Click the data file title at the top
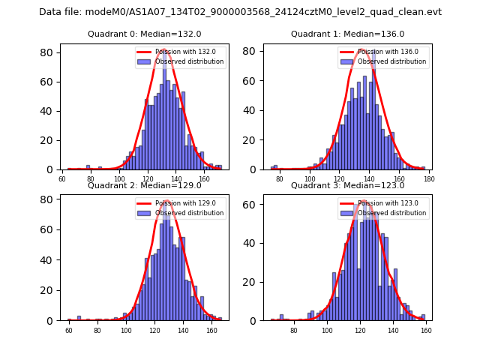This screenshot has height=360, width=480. [x=240, y=12]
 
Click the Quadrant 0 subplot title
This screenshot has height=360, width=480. [x=145, y=34]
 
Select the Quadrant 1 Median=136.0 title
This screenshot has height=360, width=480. [x=347, y=34]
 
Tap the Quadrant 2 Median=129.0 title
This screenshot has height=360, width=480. [x=145, y=185]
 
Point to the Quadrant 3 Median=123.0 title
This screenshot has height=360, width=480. [x=347, y=185]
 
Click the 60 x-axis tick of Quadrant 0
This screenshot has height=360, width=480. [x=62, y=178]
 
